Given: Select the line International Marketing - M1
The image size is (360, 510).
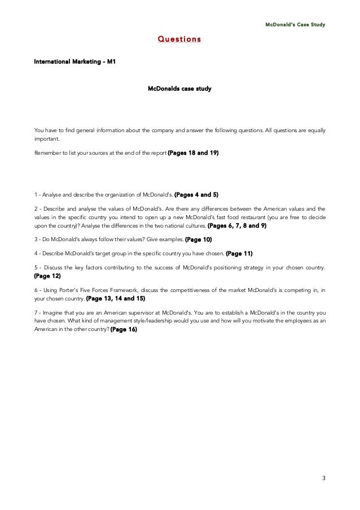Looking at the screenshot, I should (75, 60).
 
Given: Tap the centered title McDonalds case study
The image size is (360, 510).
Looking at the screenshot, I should (179, 89).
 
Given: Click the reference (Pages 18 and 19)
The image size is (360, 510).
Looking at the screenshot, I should (194, 152).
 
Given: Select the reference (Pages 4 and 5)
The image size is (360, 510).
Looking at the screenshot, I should (196, 195).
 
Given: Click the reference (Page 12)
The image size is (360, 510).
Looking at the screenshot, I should (47, 276).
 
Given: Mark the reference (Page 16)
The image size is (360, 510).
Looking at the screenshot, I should (124, 329).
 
